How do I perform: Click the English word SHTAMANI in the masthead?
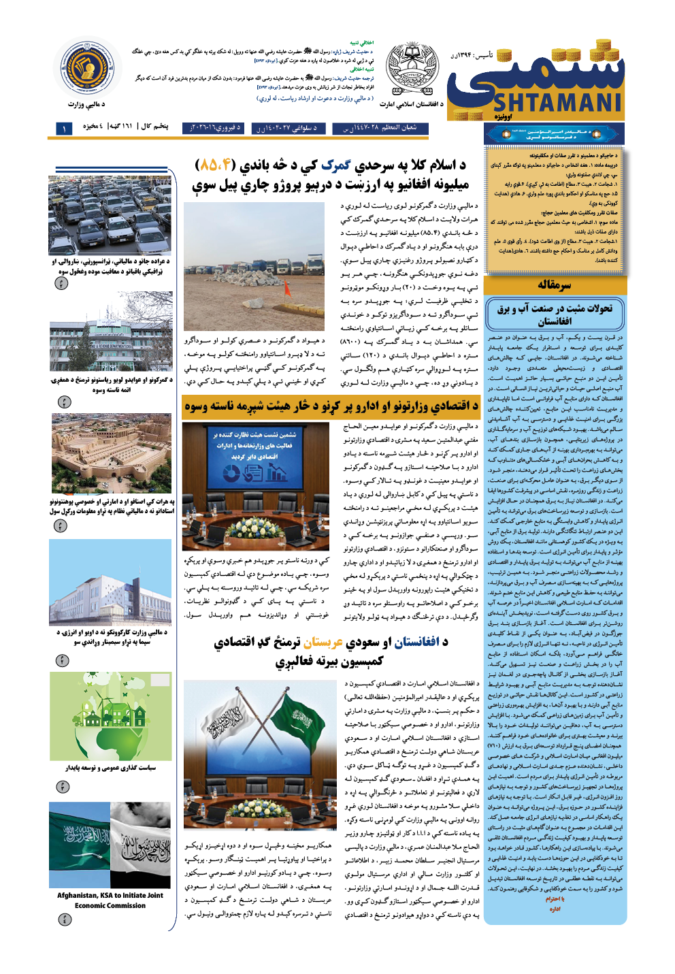coord(557,103)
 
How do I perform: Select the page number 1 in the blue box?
coord(64,129)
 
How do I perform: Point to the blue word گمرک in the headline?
coord(335,165)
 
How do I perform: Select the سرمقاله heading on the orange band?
coord(555,285)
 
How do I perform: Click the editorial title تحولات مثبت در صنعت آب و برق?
coord(555,314)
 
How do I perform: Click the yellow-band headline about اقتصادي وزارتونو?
coord(331,406)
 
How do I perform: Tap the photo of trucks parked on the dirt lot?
coord(254,265)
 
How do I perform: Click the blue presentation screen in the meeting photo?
coord(254,457)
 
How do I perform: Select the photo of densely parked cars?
coord(110,214)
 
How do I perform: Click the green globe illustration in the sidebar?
coord(110,716)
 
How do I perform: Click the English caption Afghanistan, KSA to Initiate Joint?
coord(110,895)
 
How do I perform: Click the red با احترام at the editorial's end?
coord(554,898)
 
